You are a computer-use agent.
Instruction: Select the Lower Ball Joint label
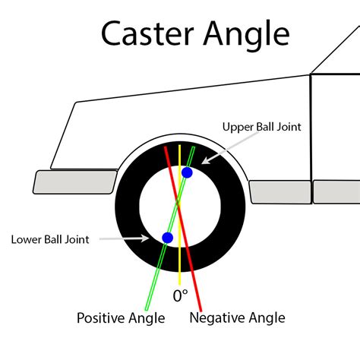tap(50, 239)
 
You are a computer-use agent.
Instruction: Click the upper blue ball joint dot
tap(187, 173)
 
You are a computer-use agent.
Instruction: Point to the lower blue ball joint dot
tap(167, 238)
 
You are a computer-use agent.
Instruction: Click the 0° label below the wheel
tap(179, 295)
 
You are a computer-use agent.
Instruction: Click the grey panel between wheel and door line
tap(279, 191)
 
